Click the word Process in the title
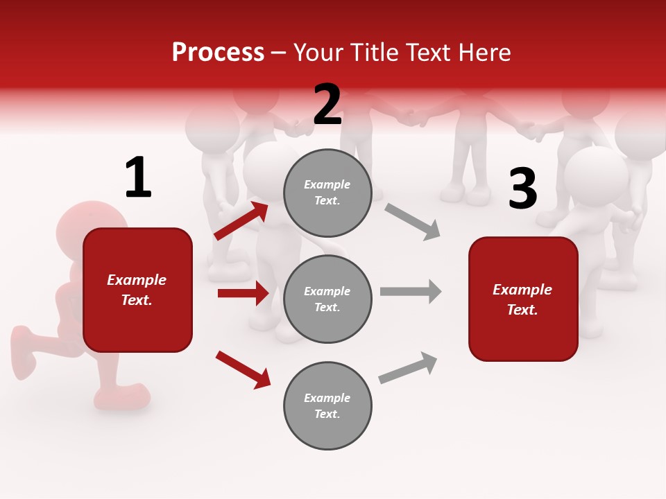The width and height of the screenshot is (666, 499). (218, 53)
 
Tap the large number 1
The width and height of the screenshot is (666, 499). (138, 178)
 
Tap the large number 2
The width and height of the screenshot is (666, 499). (327, 105)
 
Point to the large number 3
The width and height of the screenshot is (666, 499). (522, 189)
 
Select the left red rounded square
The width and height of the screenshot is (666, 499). (137, 290)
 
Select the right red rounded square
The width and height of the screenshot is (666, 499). (523, 299)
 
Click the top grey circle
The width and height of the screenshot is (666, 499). (327, 193)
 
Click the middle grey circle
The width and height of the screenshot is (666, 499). (327, 299)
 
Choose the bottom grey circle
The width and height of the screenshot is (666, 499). (327, 405)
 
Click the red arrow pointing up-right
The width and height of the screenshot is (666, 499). (241, 221)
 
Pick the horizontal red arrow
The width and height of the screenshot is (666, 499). (243, 293)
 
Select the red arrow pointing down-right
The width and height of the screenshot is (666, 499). (243, 369)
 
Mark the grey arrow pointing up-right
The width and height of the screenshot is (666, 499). (409, 367)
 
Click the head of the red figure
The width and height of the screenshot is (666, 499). (90, 222)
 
